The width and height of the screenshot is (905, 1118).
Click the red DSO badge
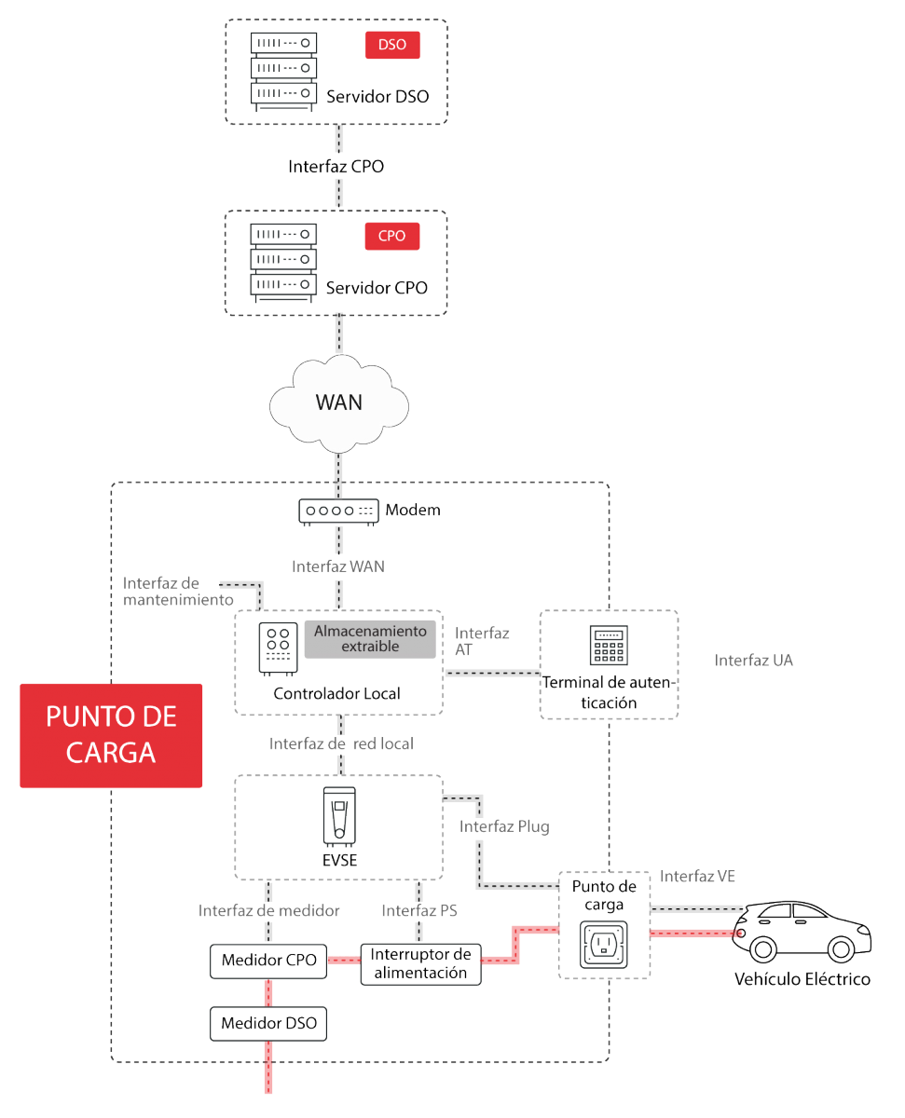392,44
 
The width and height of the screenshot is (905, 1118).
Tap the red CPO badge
392,236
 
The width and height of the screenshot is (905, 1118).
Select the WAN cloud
338,402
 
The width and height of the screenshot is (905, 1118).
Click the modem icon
338,511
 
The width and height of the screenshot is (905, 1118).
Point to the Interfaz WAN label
337,566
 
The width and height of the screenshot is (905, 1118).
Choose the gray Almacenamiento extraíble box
370,638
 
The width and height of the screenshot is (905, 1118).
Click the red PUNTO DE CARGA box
111,735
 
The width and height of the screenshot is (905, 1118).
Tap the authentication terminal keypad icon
608,645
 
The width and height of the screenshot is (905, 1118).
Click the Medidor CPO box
269,960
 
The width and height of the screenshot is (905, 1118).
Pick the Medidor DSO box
268,1023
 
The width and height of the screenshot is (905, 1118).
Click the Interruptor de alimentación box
420,963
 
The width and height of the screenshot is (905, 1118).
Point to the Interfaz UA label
753,660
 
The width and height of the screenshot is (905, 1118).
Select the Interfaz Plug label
503,826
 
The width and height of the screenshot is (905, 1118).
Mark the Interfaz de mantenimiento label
177,592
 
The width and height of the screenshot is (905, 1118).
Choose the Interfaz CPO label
336,168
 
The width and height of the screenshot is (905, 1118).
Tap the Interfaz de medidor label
268,910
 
